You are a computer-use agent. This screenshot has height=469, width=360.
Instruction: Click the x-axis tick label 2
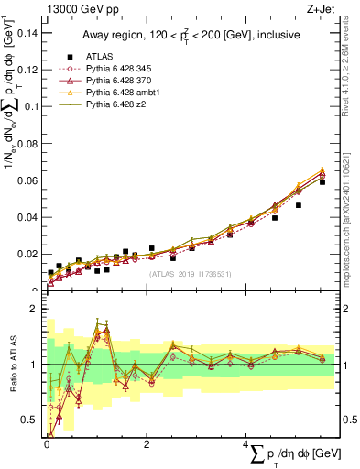coord(147,444)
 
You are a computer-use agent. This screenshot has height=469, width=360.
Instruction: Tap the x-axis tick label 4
coord(246,444)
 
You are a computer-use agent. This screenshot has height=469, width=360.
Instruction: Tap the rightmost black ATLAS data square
coord(322,181)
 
